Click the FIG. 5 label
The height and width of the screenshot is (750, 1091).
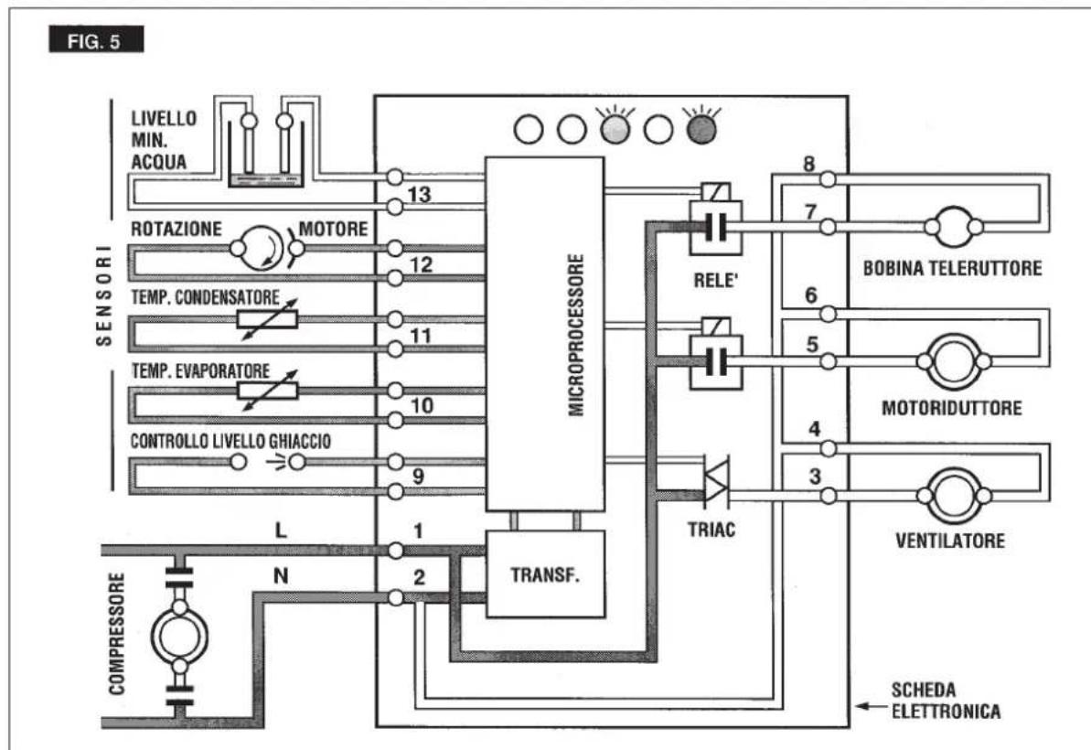(x=96, y=39)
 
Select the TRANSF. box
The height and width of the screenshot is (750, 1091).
(x=545, y=574)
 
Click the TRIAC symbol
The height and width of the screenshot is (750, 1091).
(x=715, y=481)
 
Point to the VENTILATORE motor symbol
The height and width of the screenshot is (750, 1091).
(x=953, y=495)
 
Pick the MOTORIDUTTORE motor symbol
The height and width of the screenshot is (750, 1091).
(x=953, y=361)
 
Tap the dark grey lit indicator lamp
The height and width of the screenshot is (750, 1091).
(x=701, y=129)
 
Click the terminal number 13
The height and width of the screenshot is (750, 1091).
(x=419, y=194)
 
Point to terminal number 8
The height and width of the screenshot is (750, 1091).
(x=808, y=165)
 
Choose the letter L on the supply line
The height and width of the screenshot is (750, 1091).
(x=281, y=530)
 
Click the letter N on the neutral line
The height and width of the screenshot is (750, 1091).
(x=281, y=576)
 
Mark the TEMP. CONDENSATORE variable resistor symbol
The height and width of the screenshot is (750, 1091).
(x=268, y=319)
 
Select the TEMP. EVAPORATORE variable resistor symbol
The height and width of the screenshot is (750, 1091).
(x=268, y=391)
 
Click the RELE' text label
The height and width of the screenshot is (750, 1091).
(x=714, y=281)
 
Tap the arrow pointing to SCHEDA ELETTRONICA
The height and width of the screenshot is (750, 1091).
(x=869, y=706)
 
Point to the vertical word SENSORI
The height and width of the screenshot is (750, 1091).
(x=103, y=295)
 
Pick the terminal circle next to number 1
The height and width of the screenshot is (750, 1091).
(x=395, y=551)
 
